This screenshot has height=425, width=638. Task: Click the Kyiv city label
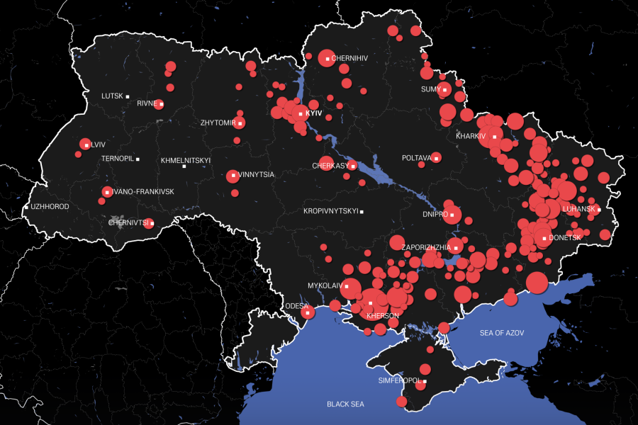point(313,113)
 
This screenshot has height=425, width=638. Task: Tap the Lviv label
point(99,144)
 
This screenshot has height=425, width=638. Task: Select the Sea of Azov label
point(502,333)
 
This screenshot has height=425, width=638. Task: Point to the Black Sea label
point(345,404)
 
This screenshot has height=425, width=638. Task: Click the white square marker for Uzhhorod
point(27,207)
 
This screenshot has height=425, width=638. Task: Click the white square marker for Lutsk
point(128,96)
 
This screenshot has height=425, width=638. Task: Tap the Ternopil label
point(117,159)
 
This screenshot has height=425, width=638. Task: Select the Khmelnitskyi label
point(186,160)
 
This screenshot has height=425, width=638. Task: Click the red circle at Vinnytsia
point(233,176)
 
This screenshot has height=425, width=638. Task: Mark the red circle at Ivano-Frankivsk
point(107,192)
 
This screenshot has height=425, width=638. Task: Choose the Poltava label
point(416,158)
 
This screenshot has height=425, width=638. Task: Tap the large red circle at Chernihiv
point(326,59)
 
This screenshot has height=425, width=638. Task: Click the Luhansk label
point(578,210)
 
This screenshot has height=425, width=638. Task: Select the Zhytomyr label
point(218,123)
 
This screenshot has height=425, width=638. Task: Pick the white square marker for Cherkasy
point(353,166)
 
